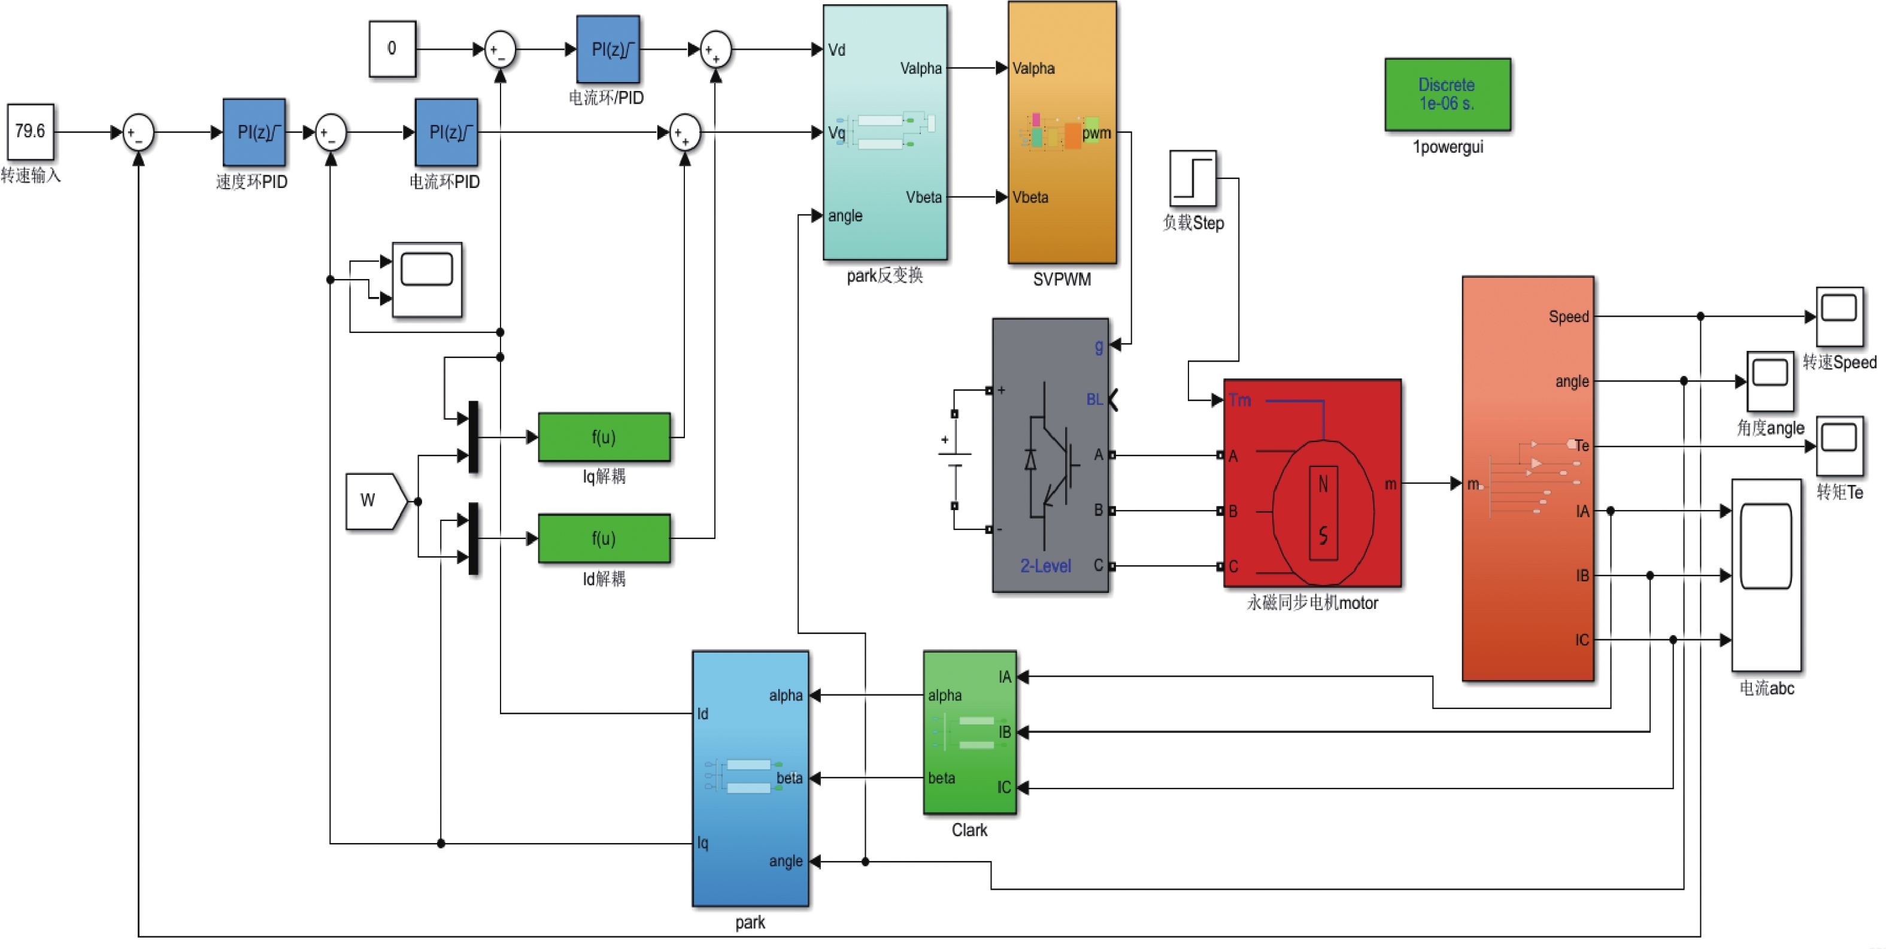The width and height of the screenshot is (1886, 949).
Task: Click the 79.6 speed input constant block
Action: pos(30,132)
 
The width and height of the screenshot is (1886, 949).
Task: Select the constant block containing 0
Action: pos(392,48)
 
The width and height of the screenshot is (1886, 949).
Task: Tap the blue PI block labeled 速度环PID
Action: pos(254,132)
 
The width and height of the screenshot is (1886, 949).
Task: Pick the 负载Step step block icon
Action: pos(1193,178)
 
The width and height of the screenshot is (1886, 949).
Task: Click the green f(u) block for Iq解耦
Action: pos(604,437)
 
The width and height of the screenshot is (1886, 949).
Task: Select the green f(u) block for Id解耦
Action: pos(604,538)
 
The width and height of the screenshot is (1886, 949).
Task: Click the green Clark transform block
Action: pos(969,732)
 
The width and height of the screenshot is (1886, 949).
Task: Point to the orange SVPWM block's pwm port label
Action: pos(1096,132)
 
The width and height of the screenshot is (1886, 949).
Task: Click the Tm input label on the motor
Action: pos(1239,400)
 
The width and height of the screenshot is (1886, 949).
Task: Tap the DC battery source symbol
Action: pos(954,460)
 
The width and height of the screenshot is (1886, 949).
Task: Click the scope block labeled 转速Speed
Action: pos(1839,316)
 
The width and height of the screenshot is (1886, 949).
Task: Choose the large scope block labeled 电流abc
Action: pos(1766,575)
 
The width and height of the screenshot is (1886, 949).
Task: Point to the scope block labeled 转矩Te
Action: pos(1839,445)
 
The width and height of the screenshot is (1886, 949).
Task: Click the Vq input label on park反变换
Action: pos(837,132)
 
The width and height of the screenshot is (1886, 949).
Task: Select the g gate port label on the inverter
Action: pos(1098,346)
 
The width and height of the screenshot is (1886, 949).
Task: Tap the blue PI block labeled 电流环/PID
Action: pos(608,49)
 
